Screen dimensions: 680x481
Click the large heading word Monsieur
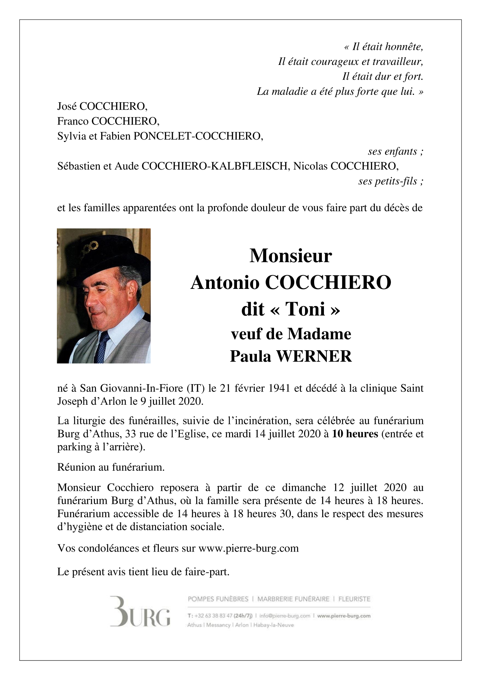click(290, 256)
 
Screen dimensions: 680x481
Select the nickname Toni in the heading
click(305, 309)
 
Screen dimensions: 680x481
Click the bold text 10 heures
click(355, 434)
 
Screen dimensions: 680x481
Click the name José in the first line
click(67, 106)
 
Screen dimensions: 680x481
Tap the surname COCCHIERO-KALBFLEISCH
click(214, 166)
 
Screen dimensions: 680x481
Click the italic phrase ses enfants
click(395, 151)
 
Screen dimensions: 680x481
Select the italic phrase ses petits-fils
click(390, 181)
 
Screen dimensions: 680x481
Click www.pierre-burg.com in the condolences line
click(249, 548)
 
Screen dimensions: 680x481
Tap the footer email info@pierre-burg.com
click(284, 616)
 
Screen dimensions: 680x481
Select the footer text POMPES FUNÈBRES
click(218, 599)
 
